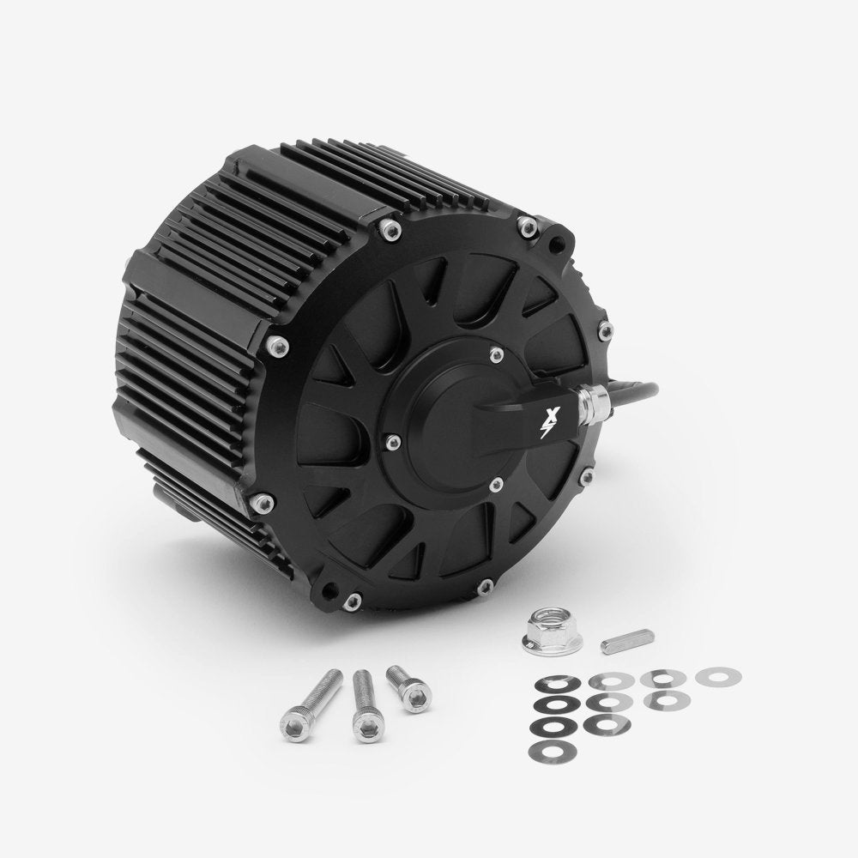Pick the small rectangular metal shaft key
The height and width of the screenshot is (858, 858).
pos(627,641)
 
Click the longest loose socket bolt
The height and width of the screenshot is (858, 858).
pos(309,701)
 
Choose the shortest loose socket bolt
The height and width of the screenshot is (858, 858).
pos(407,688)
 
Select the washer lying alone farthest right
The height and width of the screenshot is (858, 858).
pos(718,678)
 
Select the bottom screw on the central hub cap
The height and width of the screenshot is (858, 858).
pos(495,486)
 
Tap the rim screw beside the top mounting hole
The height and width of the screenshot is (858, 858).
pos(527,227)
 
